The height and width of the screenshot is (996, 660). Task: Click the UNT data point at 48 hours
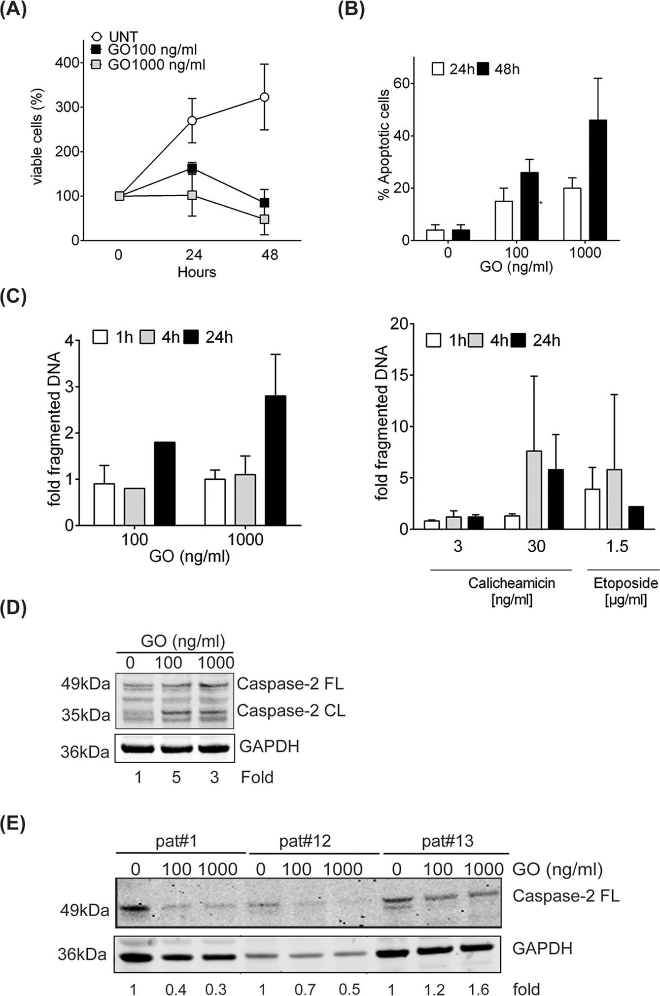[x=265, y=97]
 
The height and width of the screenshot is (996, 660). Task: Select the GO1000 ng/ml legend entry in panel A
[x=149, y=65]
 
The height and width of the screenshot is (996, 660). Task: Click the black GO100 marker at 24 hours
[x=192, y=169]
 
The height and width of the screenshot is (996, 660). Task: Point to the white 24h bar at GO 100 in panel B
[x=503, y=220]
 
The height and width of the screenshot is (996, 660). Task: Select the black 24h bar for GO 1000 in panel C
[x=276, y=461]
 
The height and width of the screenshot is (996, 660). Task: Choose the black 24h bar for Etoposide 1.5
[x=636, y=517]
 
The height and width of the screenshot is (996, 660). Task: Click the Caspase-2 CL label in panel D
[x=291, y=710]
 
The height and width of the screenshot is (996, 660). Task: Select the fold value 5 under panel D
[x=176, y=778]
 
